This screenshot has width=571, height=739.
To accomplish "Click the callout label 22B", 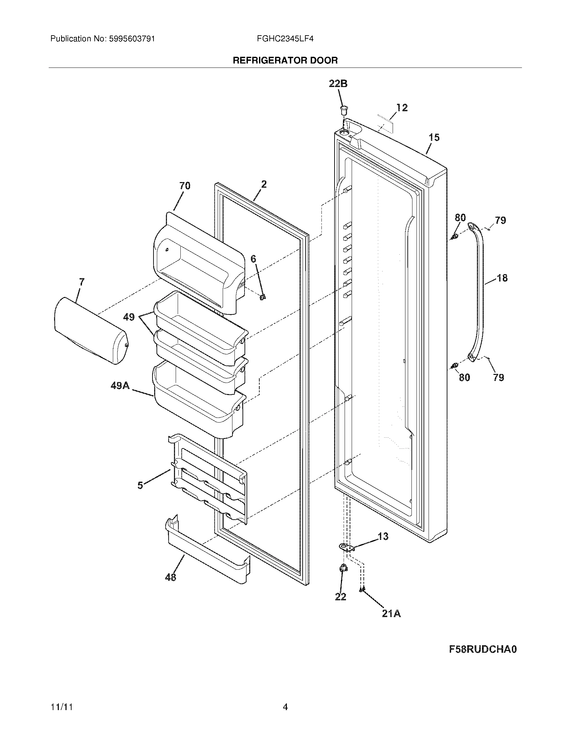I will point(338,84).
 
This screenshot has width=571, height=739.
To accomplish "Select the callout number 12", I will point(402,107).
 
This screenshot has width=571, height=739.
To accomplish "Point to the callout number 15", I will point(434,137).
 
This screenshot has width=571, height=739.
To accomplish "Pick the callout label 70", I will point(185,186).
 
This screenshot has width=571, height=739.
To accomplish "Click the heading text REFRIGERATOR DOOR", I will point(285,60).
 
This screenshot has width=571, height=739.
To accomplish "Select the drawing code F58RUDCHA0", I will point(483,649).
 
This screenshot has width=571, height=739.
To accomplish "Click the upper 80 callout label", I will point(460,217).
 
